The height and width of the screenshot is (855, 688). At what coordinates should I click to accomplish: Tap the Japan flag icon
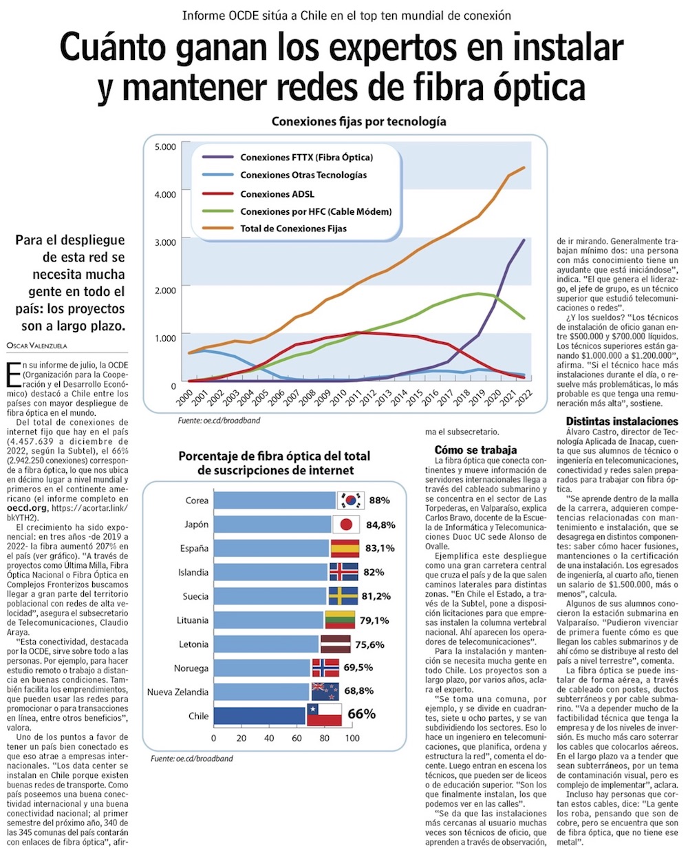point(346,525)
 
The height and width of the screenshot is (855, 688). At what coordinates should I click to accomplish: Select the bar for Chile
point(259,716)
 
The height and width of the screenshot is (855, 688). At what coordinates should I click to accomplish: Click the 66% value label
point(362,714)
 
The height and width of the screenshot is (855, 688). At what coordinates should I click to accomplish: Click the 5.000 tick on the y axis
point(165,147)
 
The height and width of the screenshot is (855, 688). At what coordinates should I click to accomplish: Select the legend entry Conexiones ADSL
point(277,194)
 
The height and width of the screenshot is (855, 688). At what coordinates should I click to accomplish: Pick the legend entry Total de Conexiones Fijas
point(293,229)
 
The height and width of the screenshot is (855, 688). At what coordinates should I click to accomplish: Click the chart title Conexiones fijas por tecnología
point(358,122)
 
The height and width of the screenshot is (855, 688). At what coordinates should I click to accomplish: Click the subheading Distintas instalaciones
point(622,421)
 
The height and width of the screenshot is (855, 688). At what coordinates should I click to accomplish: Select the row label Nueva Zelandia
point(178,692)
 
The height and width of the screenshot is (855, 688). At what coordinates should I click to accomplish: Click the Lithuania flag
point(339,620)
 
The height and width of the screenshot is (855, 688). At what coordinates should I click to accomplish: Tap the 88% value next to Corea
point(379,500)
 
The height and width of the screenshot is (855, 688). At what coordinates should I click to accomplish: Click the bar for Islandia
point(270,572)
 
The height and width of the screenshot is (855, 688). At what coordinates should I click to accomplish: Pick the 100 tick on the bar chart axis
point(352,738)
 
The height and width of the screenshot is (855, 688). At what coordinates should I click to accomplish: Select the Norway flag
point(325,668)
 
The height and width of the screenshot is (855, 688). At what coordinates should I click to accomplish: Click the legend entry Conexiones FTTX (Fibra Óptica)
point(306,157)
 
